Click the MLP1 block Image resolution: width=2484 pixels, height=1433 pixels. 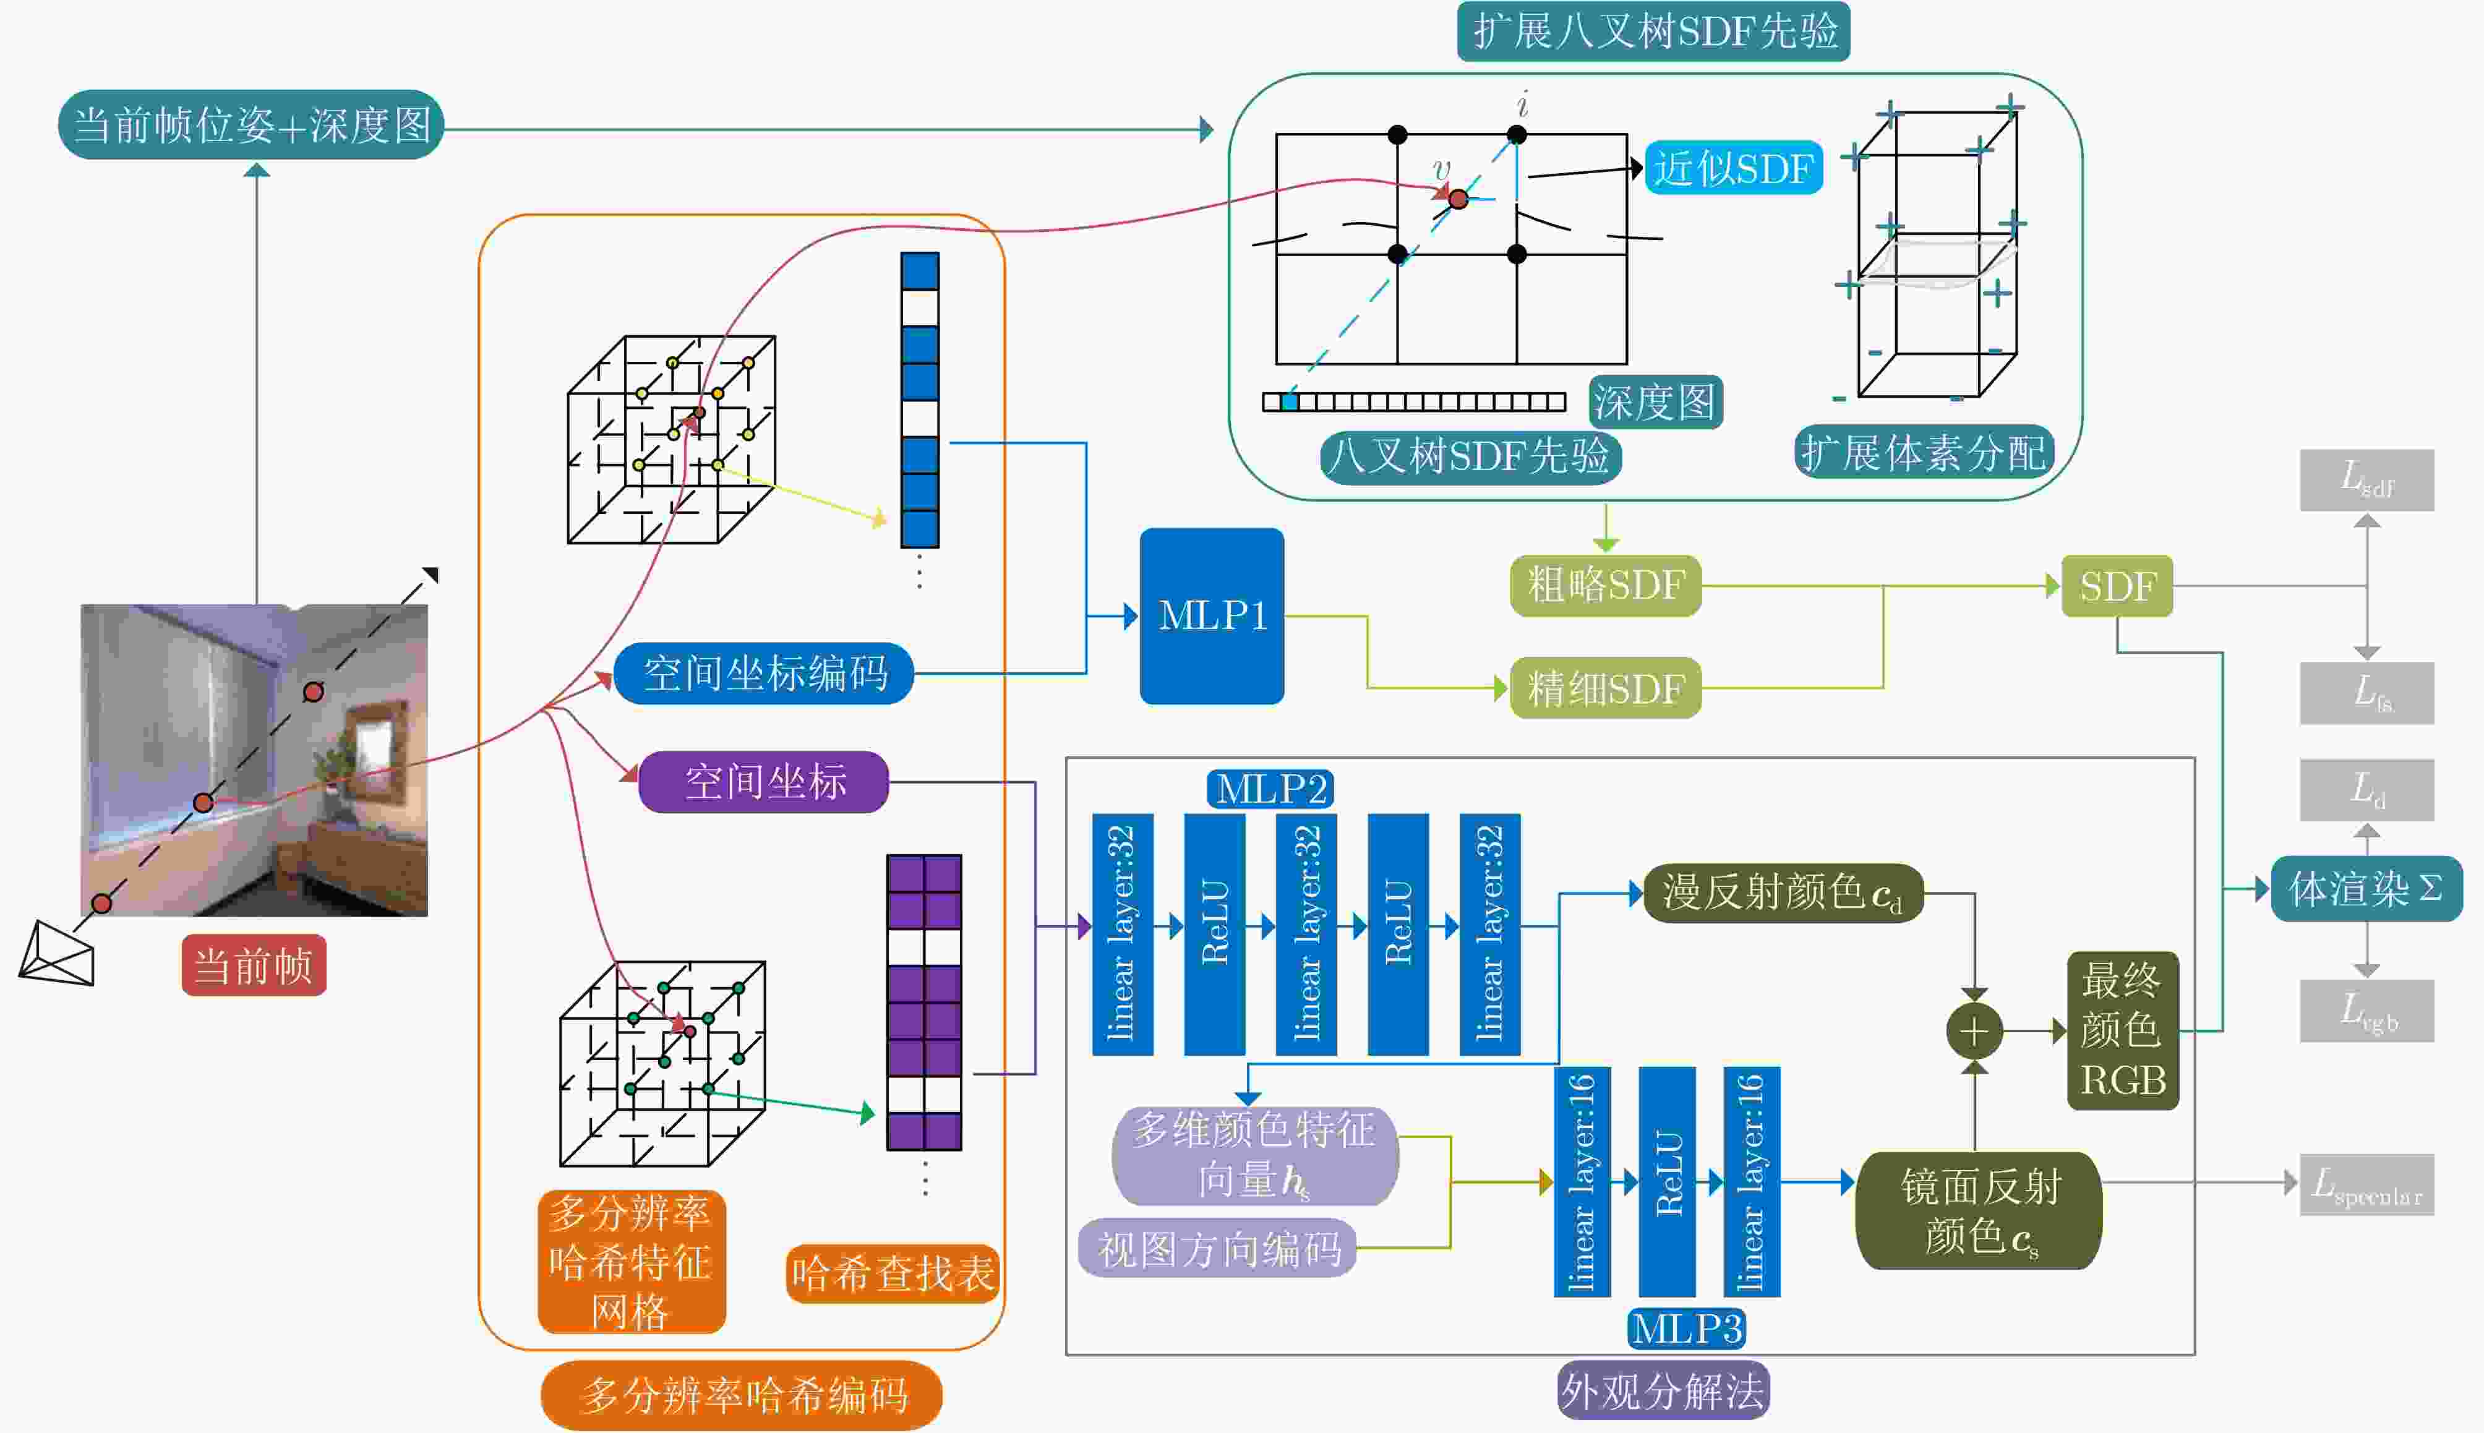(1212, 616)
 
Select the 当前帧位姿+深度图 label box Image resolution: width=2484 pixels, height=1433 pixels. (251, 125)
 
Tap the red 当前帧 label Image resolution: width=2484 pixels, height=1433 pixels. (254, 965)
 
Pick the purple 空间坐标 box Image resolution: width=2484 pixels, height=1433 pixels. (764, 782)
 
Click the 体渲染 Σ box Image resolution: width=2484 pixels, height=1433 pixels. (2366, 889)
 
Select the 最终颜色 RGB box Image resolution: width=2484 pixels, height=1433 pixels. (2123, 1030)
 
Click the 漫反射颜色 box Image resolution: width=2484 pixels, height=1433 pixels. (1783, 894)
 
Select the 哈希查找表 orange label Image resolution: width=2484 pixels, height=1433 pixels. (893, 1273)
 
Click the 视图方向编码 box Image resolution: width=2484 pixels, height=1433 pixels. (1218, 1249)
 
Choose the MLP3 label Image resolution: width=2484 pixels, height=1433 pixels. (1687, 1328)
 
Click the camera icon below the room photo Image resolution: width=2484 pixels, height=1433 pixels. (57, 954)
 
